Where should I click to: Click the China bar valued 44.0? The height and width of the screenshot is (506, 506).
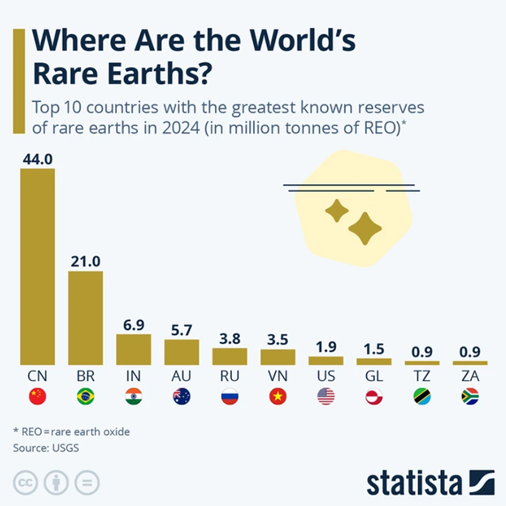[37, 266]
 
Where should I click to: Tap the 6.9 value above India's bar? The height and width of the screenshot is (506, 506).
[133, 324]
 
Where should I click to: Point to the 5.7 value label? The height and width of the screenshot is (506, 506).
[182, 330]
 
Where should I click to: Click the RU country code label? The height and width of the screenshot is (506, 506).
[230, 376]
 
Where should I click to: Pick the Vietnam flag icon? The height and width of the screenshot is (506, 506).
[278, 397]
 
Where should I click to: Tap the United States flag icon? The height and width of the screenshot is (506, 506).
[326, 397]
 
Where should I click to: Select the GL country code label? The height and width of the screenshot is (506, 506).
[374, 376]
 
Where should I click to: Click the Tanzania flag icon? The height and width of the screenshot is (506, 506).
[422, 397]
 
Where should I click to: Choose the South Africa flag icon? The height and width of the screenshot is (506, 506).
[470, 397]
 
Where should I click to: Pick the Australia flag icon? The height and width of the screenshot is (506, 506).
[182, 397]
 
